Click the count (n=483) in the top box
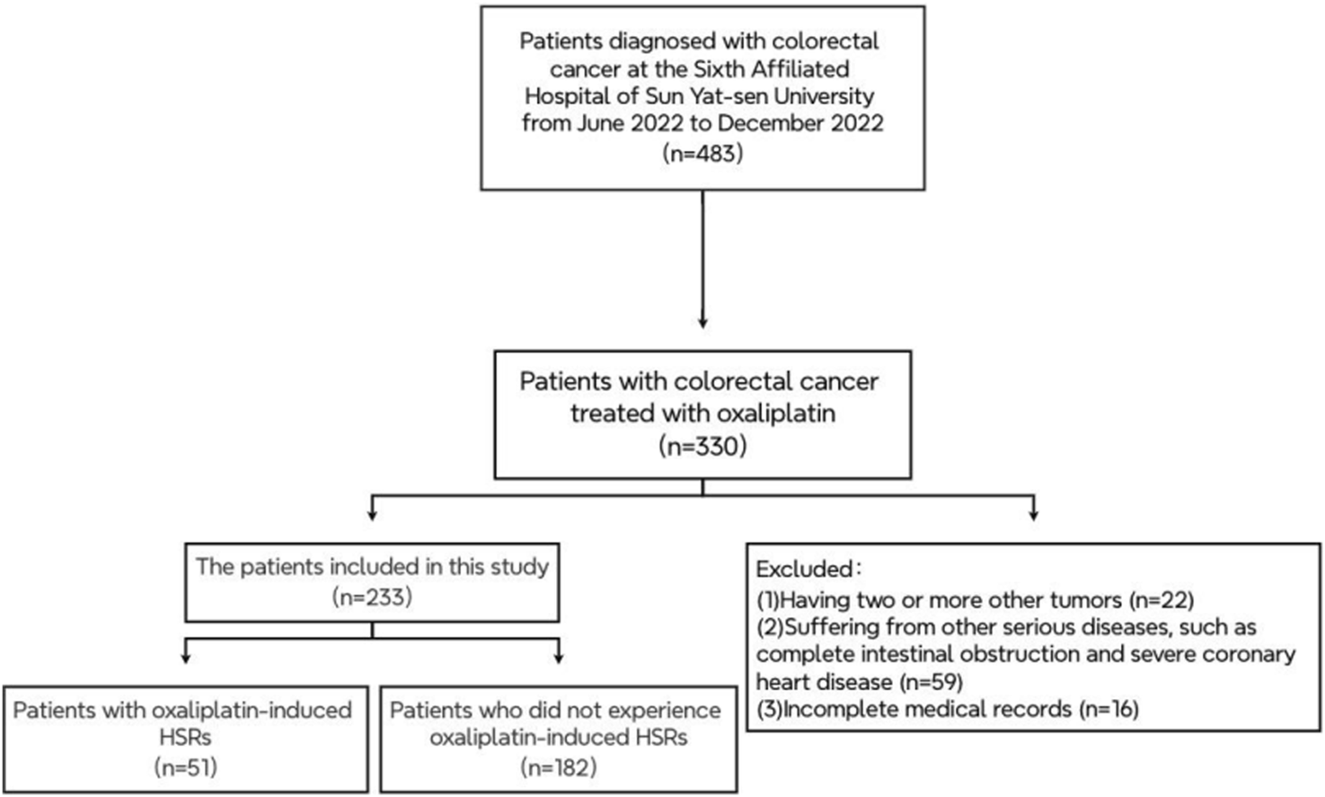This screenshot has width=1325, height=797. point(702,153)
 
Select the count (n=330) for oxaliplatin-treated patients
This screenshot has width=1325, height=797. point(702,446)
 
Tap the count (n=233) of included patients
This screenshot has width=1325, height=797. point(372,597)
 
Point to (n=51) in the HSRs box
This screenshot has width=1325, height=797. point(186,766)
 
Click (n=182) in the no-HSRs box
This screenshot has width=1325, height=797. point(558,766)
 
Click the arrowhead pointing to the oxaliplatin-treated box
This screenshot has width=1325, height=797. point(702,322)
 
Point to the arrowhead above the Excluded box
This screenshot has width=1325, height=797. point(1033,514)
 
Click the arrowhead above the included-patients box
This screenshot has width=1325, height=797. point(372,514)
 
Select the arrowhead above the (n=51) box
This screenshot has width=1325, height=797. point(186,658)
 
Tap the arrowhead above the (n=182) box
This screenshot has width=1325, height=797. point(558,658)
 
